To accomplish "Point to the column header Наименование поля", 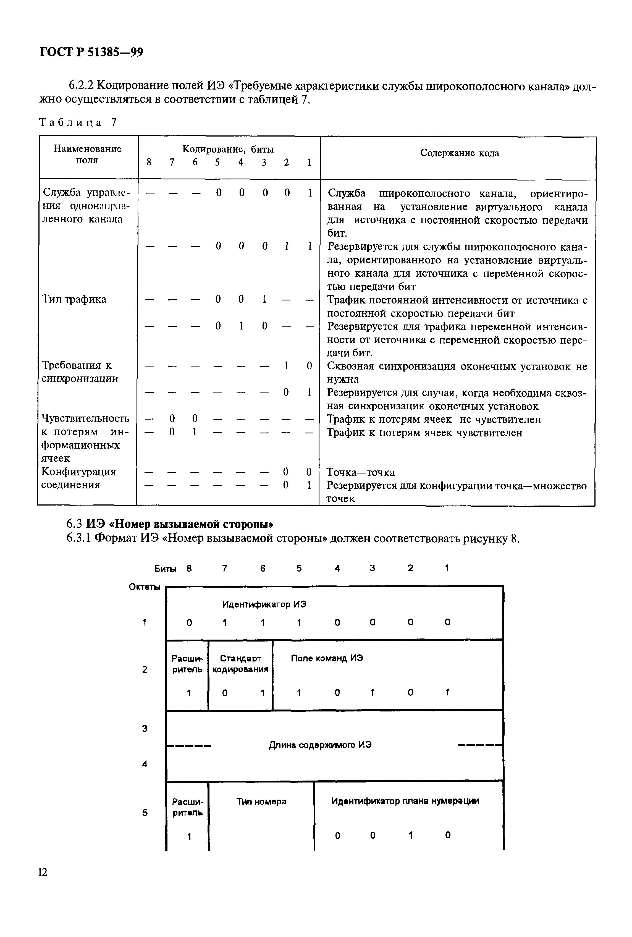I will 88,155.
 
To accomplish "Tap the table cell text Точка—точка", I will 360,473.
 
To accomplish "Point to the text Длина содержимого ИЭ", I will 320,745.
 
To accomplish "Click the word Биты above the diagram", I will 165,569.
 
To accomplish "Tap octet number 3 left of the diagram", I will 144,728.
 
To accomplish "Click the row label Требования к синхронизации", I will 80,372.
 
